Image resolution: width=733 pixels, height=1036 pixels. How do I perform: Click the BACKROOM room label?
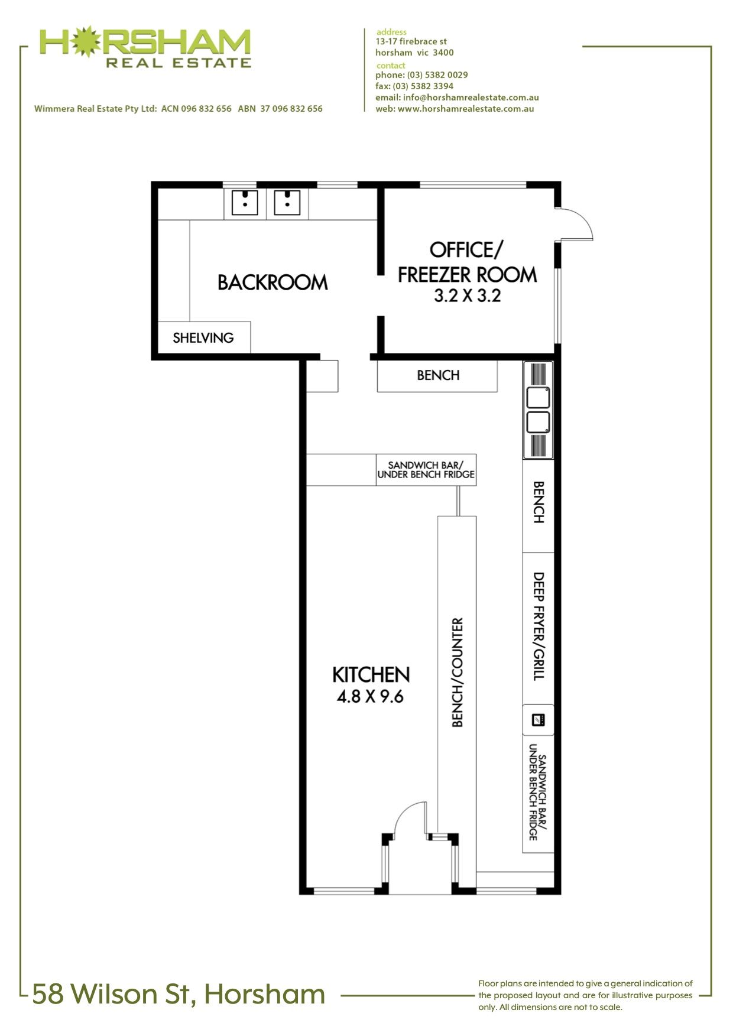pyautogui.click(x=273, y=282)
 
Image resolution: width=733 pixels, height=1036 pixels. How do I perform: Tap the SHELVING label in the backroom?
pyautogui.click(x=203, y=337)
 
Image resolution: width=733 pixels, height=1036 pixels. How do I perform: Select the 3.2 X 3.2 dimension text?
pyautogui.click(x=468, y=295)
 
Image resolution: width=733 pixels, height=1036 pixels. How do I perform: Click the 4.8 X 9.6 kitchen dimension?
pyautogui.click(x=370, y=697)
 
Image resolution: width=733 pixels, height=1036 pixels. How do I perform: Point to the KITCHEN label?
pyautogui.click(x=371, y=674)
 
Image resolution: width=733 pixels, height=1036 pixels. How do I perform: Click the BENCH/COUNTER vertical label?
pyautogui.click(x=457, y=673)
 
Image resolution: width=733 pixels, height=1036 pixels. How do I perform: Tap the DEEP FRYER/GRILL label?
pyautogui.click(x=539, y=626)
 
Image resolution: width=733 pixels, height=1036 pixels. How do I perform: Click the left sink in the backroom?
pyautogui.click(x=244, y=202)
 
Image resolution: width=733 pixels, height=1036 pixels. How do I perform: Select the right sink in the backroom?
pyautogui.click(x=287, y=202)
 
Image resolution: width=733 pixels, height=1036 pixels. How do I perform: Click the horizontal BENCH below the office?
pyautogui.click(x=438, y=375)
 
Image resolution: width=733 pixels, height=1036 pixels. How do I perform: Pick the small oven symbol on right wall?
pyautogui.click(x=539, y=720)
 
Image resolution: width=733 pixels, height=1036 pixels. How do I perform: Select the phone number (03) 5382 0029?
pyautogui.click(x=437, y=75)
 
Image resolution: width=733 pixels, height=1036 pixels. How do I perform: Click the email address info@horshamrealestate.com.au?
pyautogui.click(x=471, y=98)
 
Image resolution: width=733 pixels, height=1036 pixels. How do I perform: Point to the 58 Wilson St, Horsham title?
pyautogui.click(x=179, y=994)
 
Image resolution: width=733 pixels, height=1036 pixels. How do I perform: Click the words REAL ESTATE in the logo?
pyautogui.click(x=179, y=63)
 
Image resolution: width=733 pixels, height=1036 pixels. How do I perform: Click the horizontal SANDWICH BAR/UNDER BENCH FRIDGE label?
pyautogui.click(x=426, y=470)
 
